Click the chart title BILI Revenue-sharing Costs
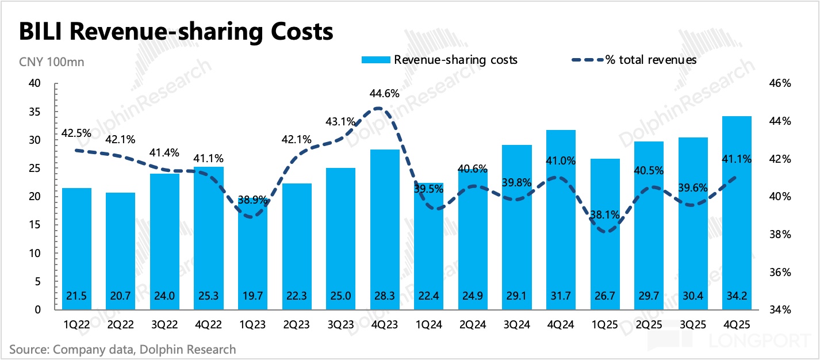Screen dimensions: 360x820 click(x=176, y=32)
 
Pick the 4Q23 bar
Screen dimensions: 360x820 click(x=384, y=230)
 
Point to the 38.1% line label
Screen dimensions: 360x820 click(x=604, y=215)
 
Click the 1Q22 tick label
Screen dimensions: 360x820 click(x=77, y=324)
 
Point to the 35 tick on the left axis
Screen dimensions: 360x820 click(x=36, y=112)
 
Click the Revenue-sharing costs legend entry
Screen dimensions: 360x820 click(x=439, y=60)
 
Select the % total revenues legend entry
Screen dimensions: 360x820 click(x=634, y=60)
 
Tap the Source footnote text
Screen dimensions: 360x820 click(x=122, y=348)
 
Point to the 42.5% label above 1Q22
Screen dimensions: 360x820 click(x=76, y=133)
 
